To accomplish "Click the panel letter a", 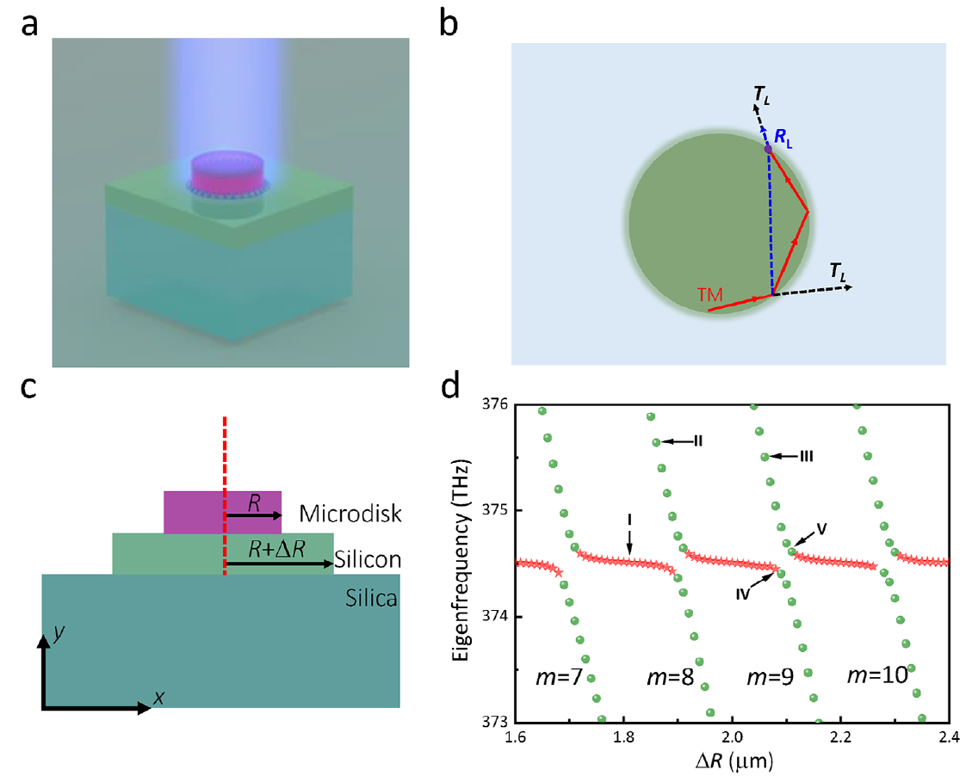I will [x=29, y=26].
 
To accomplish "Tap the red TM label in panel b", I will [x=711, y=296].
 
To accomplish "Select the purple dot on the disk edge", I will [x=768, y=150].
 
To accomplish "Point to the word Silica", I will [x=368, y=597].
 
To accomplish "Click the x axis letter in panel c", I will [x=158, y=699].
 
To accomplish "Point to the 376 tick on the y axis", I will [x=497, y=403].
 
